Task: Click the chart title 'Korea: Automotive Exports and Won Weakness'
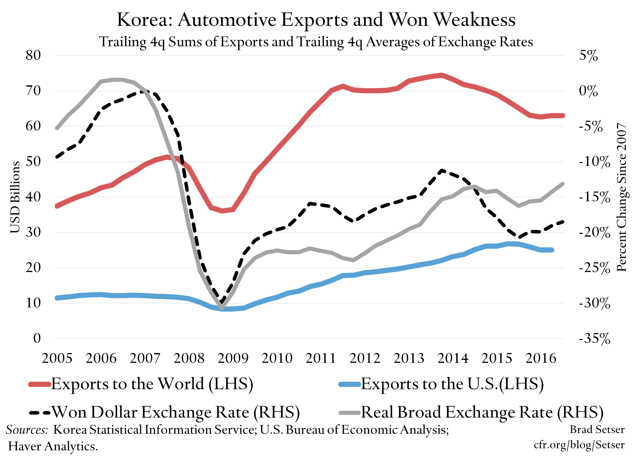(x=316, y=20)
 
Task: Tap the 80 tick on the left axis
(x=33, y=55)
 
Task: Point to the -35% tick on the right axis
(x=594, y=339)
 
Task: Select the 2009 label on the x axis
(x=233, y=358)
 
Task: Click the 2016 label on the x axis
(x=541, y=358)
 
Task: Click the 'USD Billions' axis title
(x=15, y=197)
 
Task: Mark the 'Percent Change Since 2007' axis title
(x=622, y=197)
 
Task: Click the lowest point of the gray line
(x=222, y=308)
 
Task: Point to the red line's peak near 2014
(x=441, y=75)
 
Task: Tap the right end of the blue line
(x=552, y=250)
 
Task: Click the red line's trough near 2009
(x=222, y=210)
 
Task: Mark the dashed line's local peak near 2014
(x=441, y=170)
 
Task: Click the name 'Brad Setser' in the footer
(x=597, y=429)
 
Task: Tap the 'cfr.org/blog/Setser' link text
(x=579, y=445)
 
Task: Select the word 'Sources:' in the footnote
(x=27, y=430)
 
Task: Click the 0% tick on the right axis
(x=588, y=91)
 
